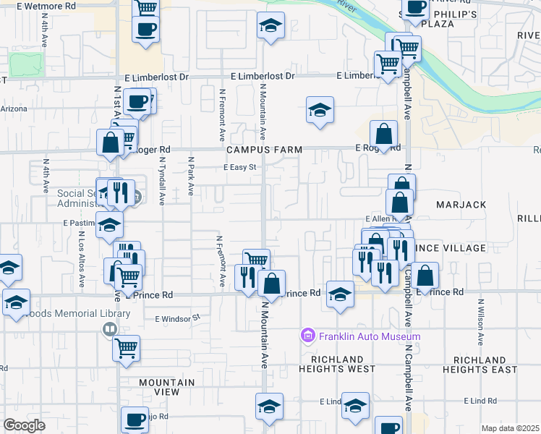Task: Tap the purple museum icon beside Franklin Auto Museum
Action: pyautogui.click(x=307, y=336)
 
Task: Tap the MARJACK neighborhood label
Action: pyautogui.click(x=461, y=205)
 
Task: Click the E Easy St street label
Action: pyautogui.click(x=240, y=167)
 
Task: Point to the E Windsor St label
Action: pyautogui.click(x=176, y=318)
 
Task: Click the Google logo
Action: pyautogui.click(x=25, y=425)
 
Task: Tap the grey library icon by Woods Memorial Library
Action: pyautogui.click(x=109, y=329)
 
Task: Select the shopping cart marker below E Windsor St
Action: pyautogui.click(x=126, y=348)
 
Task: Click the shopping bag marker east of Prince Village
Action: pyautogui.click(x=427, y=275)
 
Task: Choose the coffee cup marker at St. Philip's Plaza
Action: pyautogui.click(x=416, y=8)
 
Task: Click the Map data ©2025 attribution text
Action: pyautogui.click(x=510, y=428)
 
